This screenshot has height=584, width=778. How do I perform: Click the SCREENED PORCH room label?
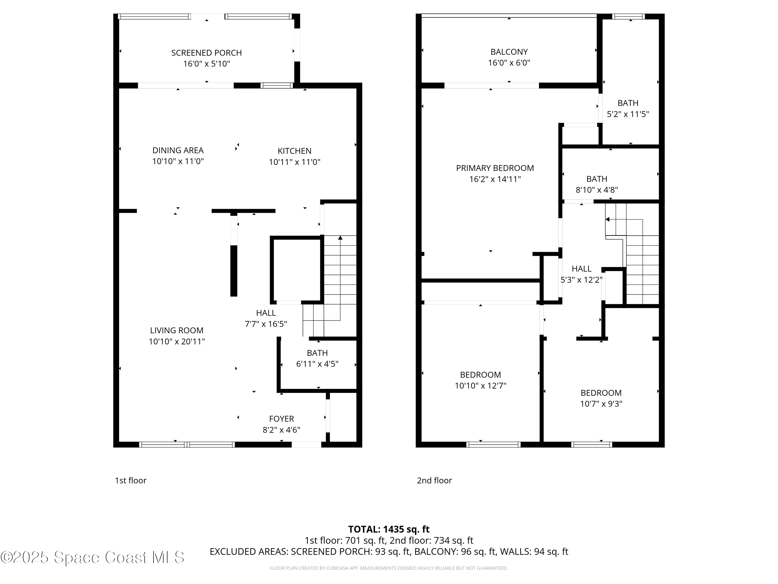206,53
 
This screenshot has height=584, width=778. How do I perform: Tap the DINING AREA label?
178,150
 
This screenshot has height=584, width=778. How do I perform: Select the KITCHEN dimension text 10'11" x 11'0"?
294,162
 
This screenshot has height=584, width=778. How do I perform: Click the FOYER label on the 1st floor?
281,419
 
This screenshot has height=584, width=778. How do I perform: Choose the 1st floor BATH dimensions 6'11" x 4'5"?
317,364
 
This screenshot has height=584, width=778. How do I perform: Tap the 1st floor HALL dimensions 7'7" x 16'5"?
266,324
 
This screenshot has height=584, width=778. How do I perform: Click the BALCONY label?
509,52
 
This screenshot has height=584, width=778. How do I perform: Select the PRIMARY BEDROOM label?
495,168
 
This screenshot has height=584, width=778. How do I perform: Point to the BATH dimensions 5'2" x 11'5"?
628,114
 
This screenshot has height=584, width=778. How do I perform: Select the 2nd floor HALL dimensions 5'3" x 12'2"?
581,280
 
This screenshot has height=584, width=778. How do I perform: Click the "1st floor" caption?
130,480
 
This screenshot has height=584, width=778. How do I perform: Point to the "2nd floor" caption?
434,480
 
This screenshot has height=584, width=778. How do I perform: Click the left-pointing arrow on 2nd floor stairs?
607,219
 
